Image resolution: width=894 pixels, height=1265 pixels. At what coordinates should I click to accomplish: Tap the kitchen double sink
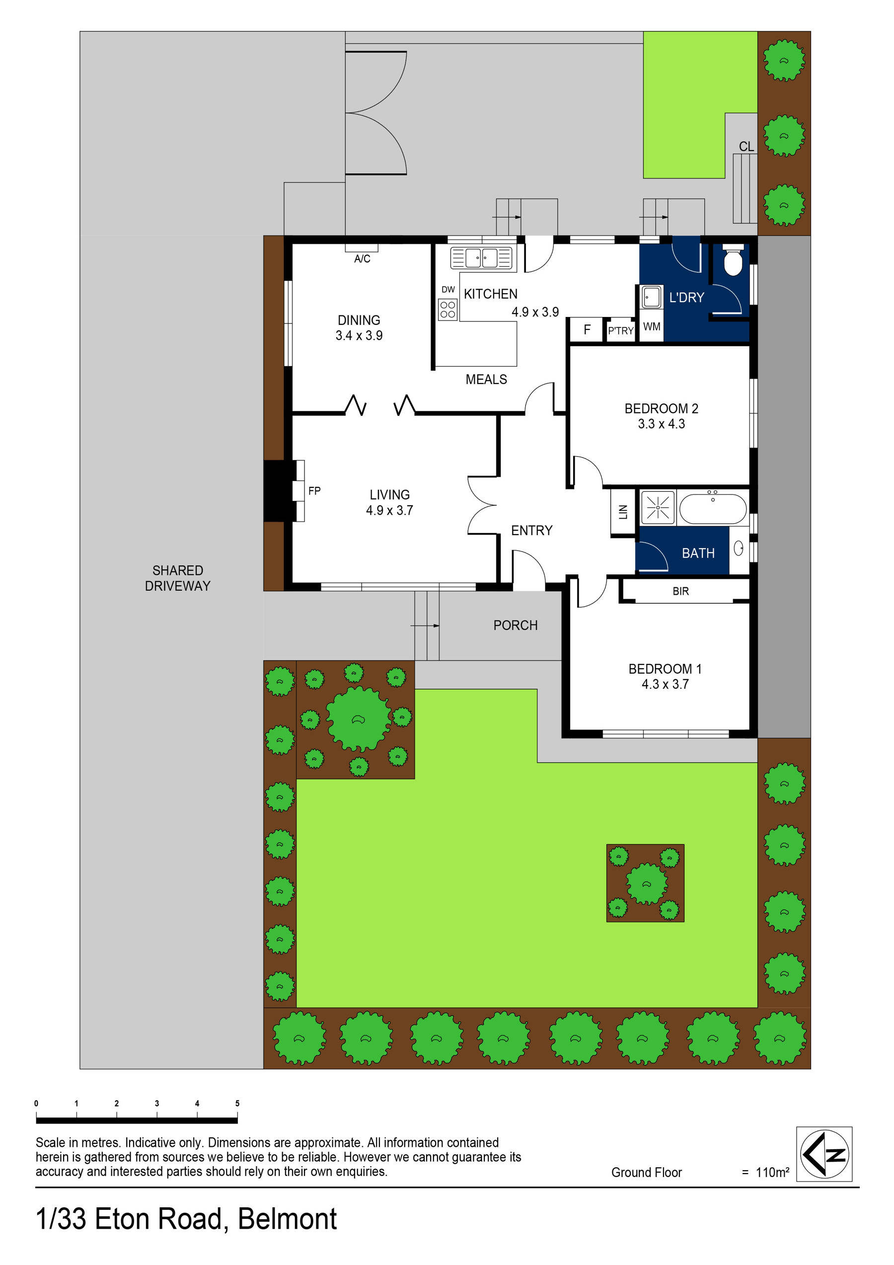click(481, 258)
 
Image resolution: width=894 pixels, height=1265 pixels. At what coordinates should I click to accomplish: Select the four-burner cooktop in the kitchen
click(447, 309)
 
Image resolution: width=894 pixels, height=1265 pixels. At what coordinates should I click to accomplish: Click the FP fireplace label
click(314, 490)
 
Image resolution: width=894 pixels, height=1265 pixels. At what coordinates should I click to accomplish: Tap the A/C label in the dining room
click(362, 258)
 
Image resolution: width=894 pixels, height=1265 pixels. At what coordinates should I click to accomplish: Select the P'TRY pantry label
click(620, 330)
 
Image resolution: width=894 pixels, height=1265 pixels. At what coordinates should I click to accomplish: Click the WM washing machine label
click(652, 327)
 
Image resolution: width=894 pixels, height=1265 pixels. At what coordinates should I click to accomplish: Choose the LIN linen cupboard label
click(623, 512)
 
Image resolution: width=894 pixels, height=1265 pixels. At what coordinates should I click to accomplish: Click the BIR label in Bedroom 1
click(680, 591)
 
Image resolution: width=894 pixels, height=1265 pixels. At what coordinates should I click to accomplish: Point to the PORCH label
click(515, 626)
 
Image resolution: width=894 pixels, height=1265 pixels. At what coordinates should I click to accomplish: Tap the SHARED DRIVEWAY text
click(177, 578)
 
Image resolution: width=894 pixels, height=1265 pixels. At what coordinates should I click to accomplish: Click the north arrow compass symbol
click(823, 1154)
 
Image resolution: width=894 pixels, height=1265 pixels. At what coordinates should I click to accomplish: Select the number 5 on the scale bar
click(237, 1103)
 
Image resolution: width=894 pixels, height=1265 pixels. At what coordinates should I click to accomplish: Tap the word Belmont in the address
click(287, 1219)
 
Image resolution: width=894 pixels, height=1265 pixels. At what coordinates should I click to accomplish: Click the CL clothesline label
click(746, 147)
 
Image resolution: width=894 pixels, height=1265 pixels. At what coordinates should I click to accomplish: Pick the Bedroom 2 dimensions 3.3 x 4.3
click(661, 424)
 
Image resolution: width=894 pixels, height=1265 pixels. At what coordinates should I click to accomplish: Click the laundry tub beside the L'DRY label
click(651, 298)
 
